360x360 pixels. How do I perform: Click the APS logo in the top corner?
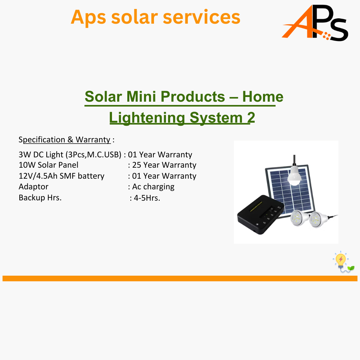click(x=315, y=23)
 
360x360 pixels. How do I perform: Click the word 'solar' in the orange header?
click(x=135, y=17)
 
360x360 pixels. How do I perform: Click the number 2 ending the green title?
click(x=251, y=118)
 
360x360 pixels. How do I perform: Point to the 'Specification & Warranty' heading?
click(x=65, y=140)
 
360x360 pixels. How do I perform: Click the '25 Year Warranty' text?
click(x=164, y=165)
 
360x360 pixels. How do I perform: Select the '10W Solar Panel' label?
click(x=48, y=165)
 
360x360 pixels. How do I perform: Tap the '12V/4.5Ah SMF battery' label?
click(x=62, y=176)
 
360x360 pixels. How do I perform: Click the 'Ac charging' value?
click(x=153, y=187)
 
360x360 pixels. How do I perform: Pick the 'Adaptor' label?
click(x=34, y=187)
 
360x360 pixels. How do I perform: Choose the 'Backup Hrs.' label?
click(x=40, y=198)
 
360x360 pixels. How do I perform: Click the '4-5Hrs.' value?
click(x=147, y=198)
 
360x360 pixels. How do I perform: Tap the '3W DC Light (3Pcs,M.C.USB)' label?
click(x=70, y=155)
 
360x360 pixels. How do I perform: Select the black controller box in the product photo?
click(x=260, y=214)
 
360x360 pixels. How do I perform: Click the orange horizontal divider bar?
click(x=180, y=278)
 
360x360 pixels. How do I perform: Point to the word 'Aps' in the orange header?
click(x=88, y=18)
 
